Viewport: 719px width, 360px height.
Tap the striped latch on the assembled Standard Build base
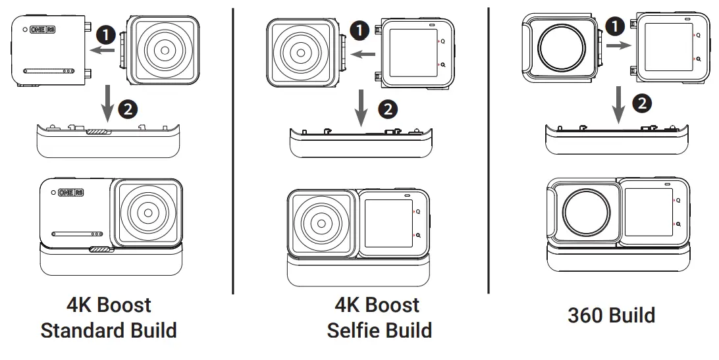click(101, 249)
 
